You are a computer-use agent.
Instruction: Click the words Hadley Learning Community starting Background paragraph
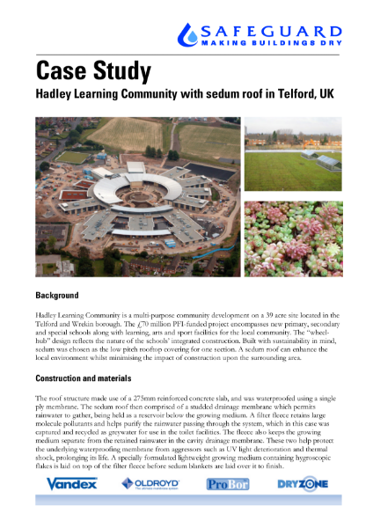click(75, 314)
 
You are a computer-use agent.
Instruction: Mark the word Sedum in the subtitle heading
click(189, 92)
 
